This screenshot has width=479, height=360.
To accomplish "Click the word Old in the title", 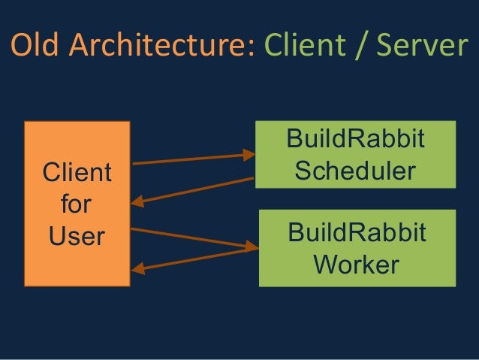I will pos(34,47).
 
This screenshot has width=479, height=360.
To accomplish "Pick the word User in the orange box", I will pos(77,236).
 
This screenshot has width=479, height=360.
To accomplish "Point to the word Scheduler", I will pos(355,171).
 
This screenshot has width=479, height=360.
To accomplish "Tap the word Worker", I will pos(355,264).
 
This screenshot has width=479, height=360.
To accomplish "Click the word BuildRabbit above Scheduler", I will pos(355,140).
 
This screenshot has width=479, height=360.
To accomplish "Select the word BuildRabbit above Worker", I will pos(355,232).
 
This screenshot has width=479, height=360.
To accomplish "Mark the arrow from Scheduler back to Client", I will pos(195,189).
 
